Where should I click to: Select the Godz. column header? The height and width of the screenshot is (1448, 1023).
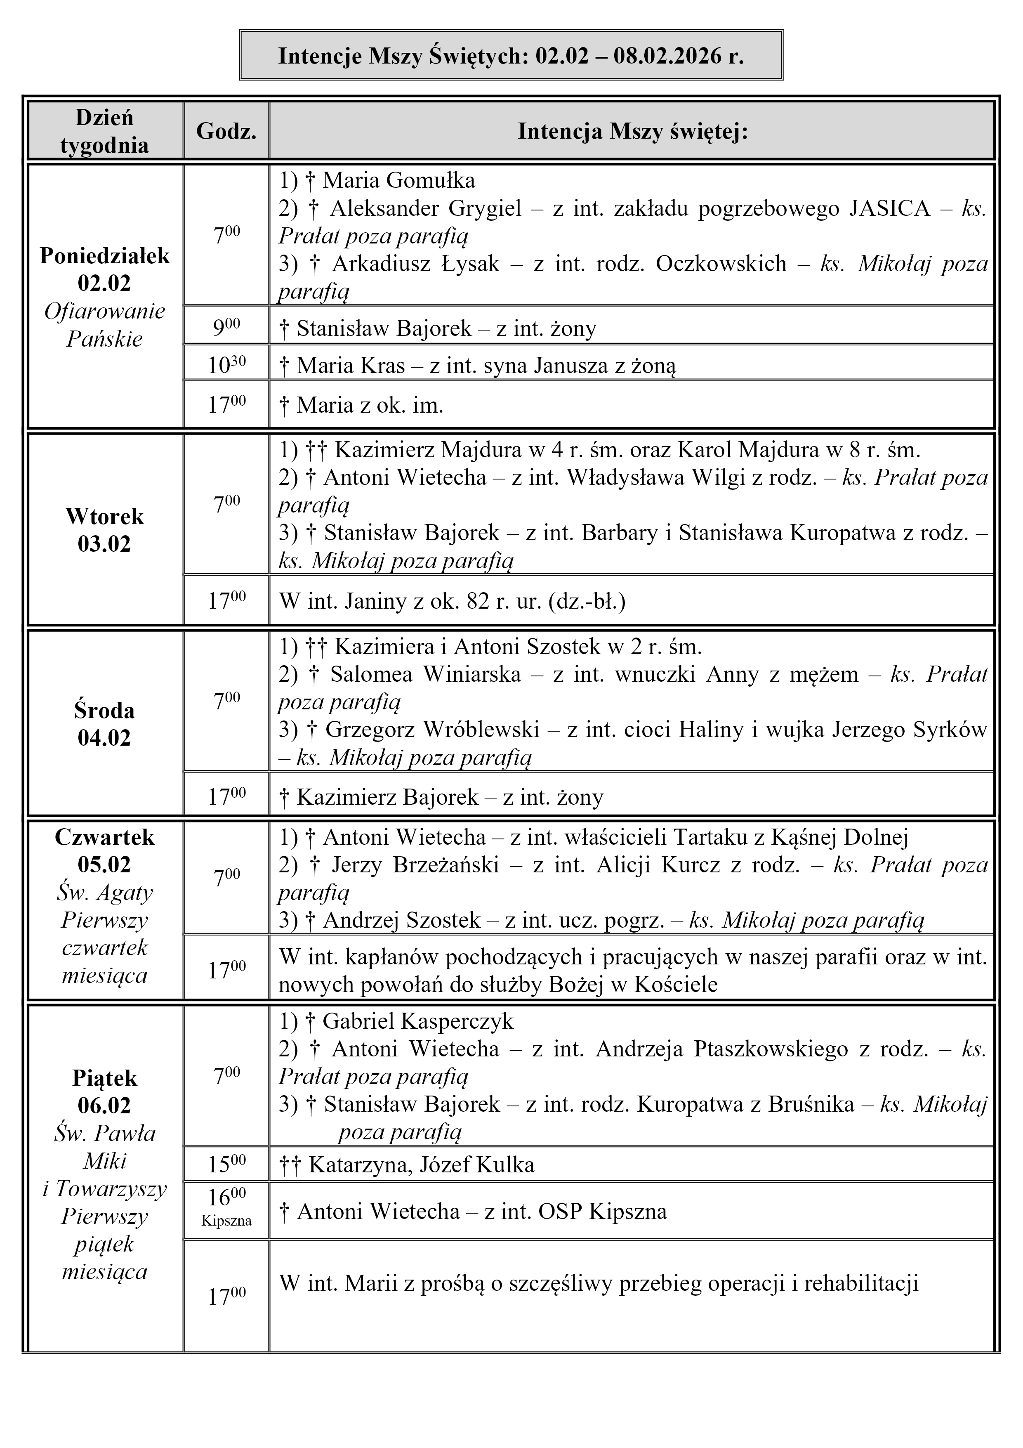[x=226, y=131]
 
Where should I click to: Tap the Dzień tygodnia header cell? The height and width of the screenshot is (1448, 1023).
[x=105, y=131]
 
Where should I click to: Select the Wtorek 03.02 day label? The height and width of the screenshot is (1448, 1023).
[x=105, y=530]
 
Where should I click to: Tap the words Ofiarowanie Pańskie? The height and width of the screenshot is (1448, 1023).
[x=105, y=325]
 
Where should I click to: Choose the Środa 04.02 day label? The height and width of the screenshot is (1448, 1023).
[x=105, y=724]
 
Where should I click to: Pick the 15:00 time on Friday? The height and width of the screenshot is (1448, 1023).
[x=226, y=1164]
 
